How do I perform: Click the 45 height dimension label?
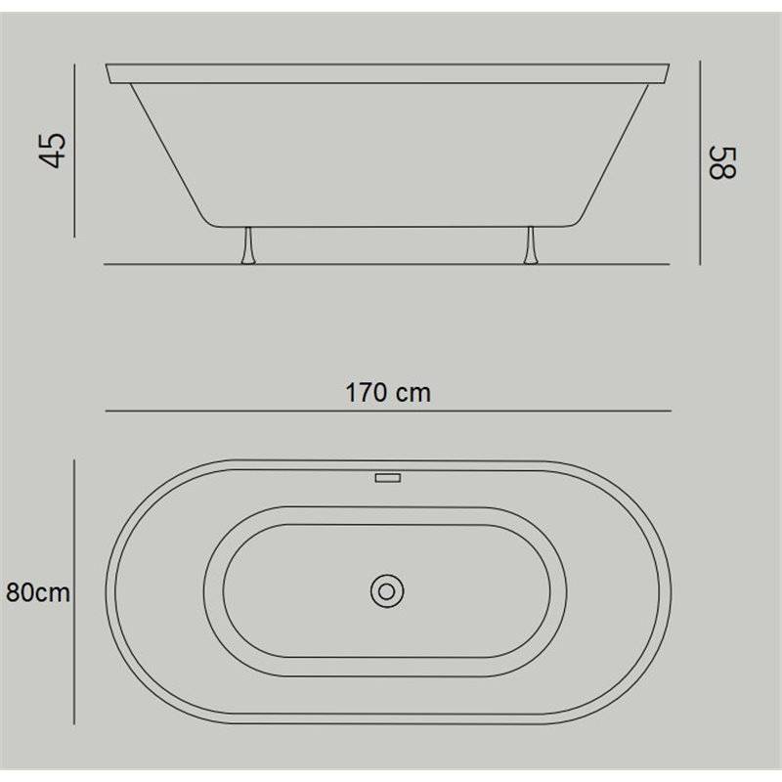point(52,150)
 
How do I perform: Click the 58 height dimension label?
point(722,162)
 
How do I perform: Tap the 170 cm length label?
point(387,393)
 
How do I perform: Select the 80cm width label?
point(37,592)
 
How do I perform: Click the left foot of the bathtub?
point(247,245)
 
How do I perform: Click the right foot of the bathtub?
point(530,245)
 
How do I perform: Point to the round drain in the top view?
point(386,591)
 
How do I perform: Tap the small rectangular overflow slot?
point(387,478)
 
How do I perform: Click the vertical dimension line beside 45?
point(74,151)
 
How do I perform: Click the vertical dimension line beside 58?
point(700,162)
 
